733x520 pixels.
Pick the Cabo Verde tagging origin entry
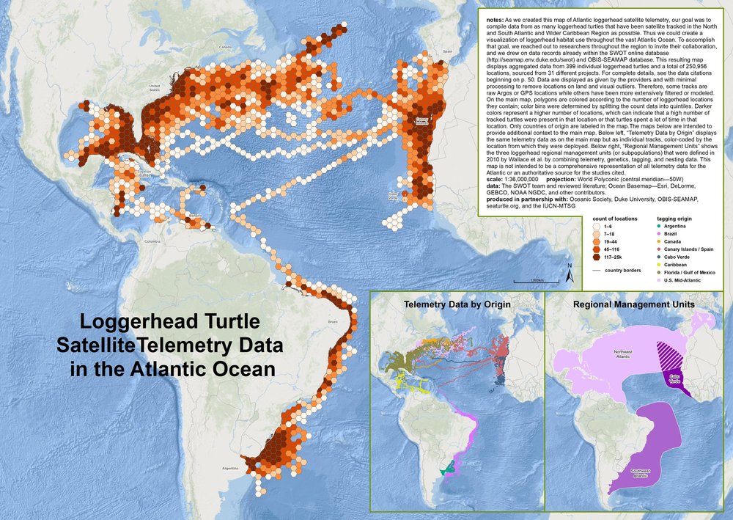[x=639, y=257]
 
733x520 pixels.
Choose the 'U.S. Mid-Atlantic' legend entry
[x=639, y=279]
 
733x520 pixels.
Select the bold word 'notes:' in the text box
[x=496, y=14]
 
